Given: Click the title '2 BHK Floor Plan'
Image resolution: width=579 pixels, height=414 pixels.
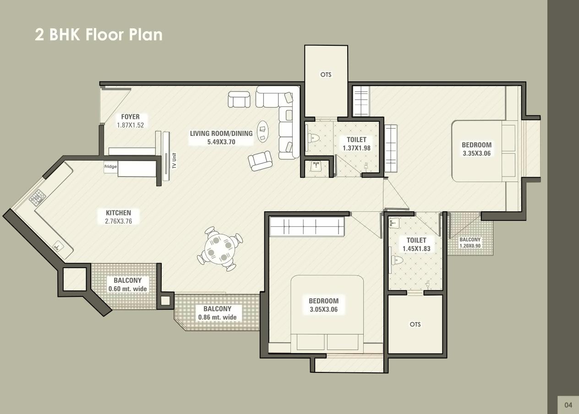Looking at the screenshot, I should point(98,35).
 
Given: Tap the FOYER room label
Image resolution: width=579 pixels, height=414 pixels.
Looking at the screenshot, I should point(130,117).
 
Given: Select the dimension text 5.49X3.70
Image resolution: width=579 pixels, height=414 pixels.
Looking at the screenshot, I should point(221,142).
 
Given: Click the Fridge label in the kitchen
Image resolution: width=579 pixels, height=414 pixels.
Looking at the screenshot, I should point(110,167).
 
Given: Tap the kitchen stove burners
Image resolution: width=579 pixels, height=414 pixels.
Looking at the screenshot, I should point(38,198).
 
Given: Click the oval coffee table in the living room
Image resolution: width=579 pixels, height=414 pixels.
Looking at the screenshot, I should point(263,131).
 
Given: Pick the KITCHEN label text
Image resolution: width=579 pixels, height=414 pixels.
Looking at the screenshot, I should point(118,213).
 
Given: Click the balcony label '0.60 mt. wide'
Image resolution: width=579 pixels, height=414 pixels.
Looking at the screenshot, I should point(127,289).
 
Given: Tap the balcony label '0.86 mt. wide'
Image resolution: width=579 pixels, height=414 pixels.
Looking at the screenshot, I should point(217,317).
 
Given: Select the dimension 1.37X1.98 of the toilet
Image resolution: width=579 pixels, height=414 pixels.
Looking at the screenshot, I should point(356,148).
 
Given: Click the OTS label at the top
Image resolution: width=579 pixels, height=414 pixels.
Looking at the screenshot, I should point(326,75).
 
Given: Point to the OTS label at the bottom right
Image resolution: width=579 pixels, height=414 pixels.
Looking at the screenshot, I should point(415,324).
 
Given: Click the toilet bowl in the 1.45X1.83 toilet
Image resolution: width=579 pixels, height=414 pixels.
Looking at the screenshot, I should point(397,261).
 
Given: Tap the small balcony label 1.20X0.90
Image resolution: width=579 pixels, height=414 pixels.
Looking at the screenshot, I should point(470,246).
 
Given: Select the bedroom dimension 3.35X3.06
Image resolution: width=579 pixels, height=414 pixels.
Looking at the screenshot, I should point(476,154).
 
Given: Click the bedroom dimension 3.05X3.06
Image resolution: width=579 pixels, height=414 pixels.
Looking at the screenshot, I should point(323,310).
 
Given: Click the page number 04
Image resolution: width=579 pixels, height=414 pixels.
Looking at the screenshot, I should point(568,405).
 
